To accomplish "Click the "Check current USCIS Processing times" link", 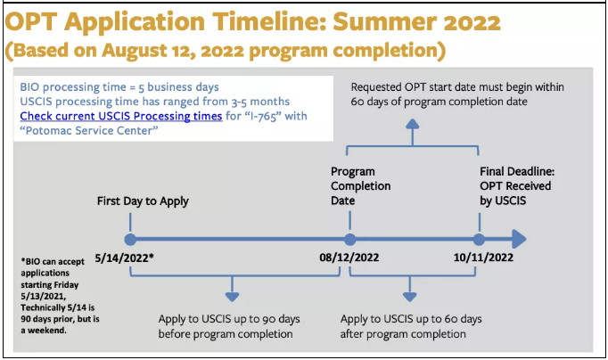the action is pyautogui.click(x=121, y=116).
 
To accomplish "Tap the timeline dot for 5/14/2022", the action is pyautogui.click(x=130, y=240).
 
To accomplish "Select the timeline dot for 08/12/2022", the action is pyautogui.click(x=349, y=240).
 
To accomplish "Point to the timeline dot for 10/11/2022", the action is pyautogui.click(x=479, y=240).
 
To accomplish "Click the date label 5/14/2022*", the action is pyautogui.click(x=124, y=258).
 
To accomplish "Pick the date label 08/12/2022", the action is pyautogui.click(x=349, y=258).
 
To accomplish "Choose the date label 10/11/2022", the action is pyautogui.click(x=483, y=258).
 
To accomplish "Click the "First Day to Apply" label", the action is pyautogui.click(x=143, y=201).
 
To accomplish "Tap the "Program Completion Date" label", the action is pyautogui.click(x=361, y=186).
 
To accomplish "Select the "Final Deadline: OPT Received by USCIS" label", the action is pyautogui.click(x=517, y=186).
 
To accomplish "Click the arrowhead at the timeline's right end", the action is pyautogui.click(x=519, y=239).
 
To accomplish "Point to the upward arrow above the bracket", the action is pyautogui.click(x=413, y=132).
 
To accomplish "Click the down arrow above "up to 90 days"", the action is pyautogui.click(x=233, y=289).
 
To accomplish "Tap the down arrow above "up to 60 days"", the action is pyautogui.click(x=410, y=289).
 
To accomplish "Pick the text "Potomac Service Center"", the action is pyautogui.click(x=89, y=131).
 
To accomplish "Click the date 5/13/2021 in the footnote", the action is pyautogui.click(x=43, y=297).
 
